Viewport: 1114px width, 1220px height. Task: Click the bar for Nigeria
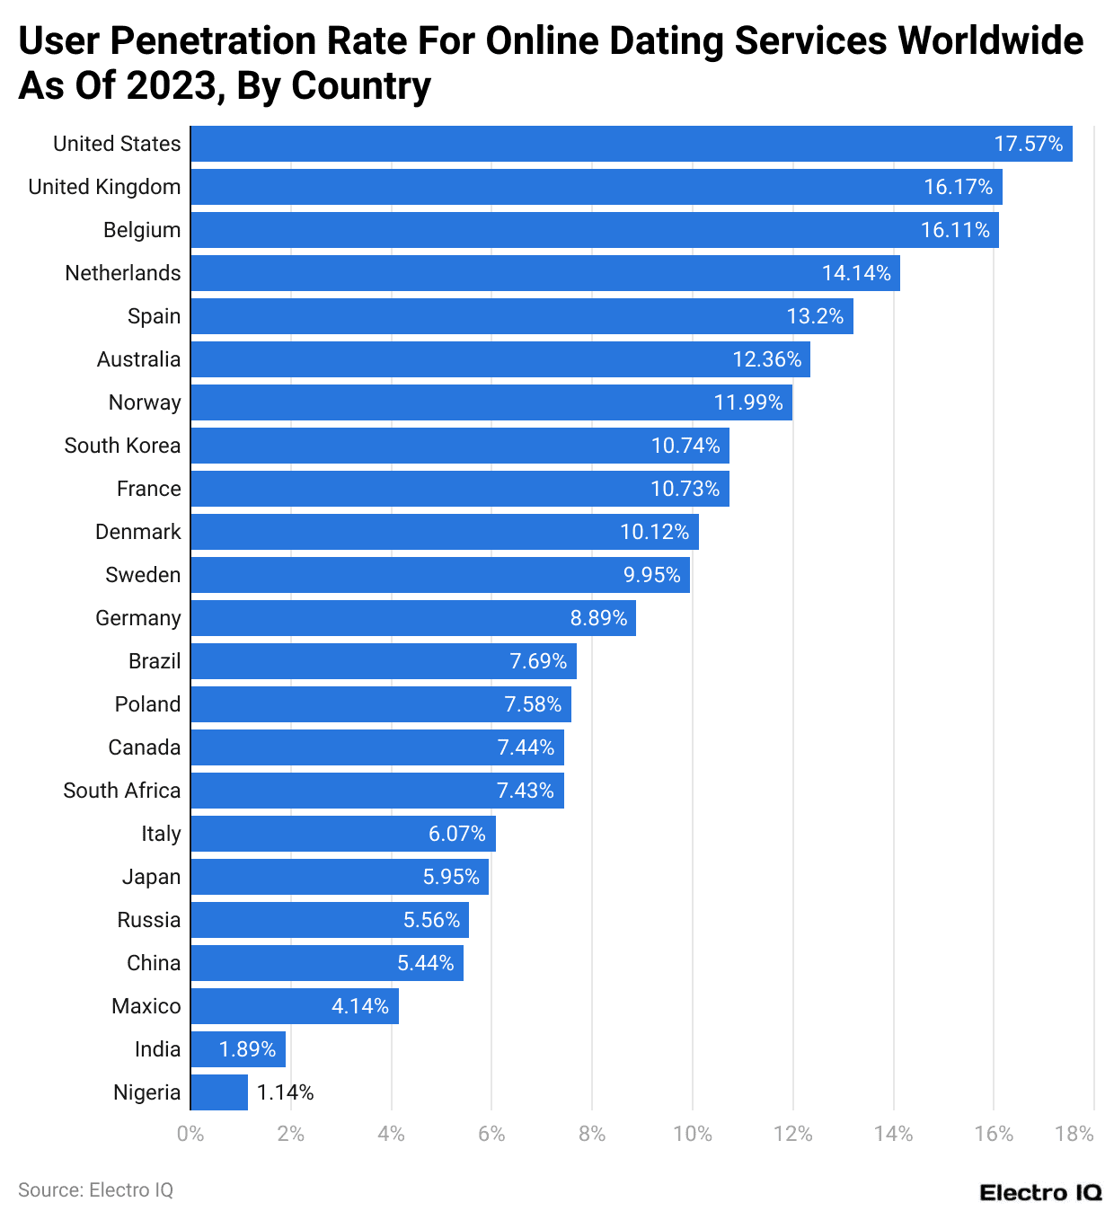219,1092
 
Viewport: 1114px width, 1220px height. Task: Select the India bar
238,1049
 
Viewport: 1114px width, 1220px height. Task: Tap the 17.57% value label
1028,144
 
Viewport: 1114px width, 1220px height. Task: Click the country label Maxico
146,1006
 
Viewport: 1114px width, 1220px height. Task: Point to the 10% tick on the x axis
693,1134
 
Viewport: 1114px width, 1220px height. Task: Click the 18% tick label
1074,1134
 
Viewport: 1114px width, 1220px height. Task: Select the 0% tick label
190,1134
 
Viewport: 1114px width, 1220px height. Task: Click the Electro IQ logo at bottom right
1040,1193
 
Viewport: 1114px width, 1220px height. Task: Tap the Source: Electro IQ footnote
95,1190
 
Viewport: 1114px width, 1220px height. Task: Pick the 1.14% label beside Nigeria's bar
285,1092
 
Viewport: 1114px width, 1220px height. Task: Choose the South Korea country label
122,446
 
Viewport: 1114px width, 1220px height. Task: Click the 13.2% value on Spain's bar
815,316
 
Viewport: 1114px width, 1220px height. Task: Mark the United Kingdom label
104,187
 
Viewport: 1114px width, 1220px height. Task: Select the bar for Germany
413,618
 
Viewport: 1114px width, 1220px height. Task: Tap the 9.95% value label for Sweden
652,575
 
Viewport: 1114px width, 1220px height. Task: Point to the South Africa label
121,791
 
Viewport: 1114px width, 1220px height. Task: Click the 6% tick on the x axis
491,1134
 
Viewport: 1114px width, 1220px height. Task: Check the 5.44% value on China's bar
426,963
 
